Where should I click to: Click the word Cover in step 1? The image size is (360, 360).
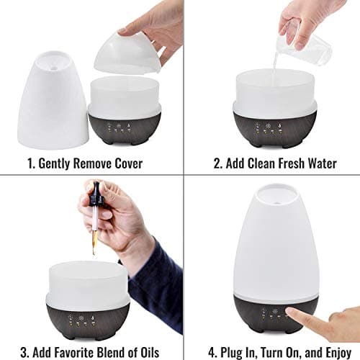coord(126,163)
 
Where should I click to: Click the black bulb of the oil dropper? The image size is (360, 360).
coord(96,194)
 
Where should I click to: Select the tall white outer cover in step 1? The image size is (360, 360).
coord(52,101)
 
